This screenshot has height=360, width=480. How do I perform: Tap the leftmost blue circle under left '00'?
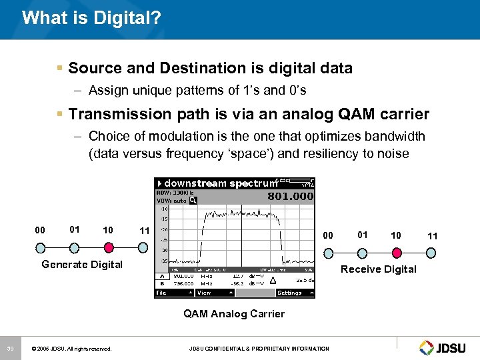click(41, 247)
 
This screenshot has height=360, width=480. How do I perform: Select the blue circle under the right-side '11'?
click(431, 253)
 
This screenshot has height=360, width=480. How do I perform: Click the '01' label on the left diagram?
click(74, 229)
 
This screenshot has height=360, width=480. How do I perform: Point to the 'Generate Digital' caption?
click(82, 265)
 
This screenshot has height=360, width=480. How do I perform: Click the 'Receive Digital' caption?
click(378, 269)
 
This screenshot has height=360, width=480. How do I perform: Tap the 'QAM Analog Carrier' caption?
click(234, 314)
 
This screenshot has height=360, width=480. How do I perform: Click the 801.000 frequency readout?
click(290, 196)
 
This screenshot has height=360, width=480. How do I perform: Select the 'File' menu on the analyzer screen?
click(162, 293)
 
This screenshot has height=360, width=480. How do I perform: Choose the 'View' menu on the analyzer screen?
click(204, 293)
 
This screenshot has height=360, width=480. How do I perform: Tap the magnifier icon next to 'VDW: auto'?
click(193, 200)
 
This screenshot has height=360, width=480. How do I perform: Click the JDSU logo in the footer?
click(445, 347)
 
